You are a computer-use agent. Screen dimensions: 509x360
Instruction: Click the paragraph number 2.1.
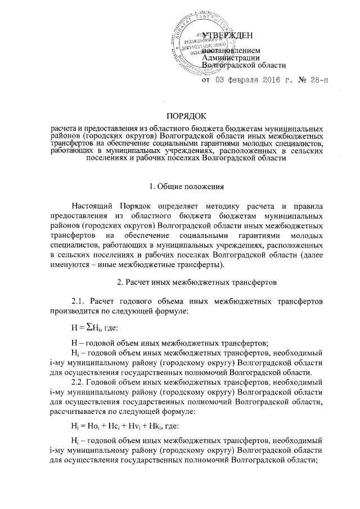pyautogui.click(x=74, y=301)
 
